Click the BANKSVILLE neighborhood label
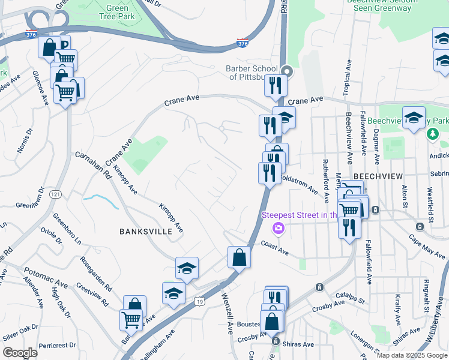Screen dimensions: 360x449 146,231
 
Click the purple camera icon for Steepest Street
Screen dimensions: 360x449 278,228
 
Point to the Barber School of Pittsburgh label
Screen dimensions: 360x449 252,73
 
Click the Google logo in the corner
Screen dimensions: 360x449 20,353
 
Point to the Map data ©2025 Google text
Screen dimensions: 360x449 412,355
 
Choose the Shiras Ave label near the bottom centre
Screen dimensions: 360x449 298,344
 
